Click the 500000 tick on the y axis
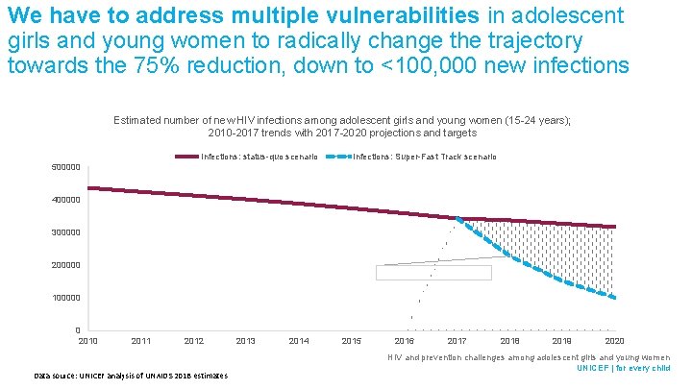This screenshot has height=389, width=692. (65, 167)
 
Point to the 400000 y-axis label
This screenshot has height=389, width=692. (65, 200)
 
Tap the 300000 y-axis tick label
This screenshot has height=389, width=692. (65, 232)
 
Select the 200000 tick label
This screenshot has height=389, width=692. (65, 265)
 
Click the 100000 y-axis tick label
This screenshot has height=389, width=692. (65, 298)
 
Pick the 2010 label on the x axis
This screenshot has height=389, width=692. (87, 341)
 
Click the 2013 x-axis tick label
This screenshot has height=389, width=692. (246, 341)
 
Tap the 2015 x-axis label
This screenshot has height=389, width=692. (352, 341)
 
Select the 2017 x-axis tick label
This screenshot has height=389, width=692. (457, 341)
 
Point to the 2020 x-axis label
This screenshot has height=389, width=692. (615, 341)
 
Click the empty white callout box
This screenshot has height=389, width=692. (433, 273)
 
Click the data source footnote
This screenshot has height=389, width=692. (131, 375)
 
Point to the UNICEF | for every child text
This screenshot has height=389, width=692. (623, 368)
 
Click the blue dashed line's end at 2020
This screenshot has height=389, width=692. (614, 298)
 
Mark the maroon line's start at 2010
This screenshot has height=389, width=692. (88, 188)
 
